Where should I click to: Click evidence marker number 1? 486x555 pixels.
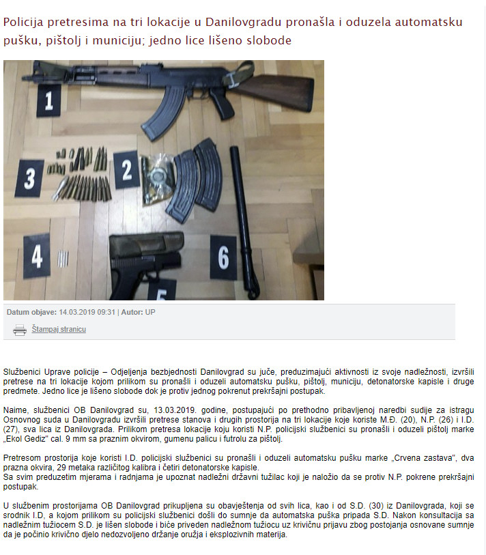click(x=49, y=101)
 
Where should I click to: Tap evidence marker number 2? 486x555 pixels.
click(x=126, y=169)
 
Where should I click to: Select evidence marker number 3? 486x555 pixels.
click(x=29, y=178)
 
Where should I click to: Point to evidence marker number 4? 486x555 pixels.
click(x=36, y=256)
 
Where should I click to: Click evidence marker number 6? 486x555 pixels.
click(x=223, y=257)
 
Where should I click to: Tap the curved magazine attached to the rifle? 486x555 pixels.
click(x=165, y=111)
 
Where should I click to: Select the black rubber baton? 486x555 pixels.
click(x=244, y=221)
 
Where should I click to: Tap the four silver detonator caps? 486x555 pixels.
click(x=63, y=259)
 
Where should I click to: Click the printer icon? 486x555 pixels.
click(x=20, y=330)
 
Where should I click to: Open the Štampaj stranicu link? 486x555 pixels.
click(x=59, y=329)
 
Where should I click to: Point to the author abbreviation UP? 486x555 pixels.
click(x=150, y=312)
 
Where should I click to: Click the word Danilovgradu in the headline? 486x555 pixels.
click(x=243, y=23)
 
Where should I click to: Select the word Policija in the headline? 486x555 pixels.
click(x=23, y=23)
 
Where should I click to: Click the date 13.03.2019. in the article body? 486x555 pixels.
click(x=175, y=410)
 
